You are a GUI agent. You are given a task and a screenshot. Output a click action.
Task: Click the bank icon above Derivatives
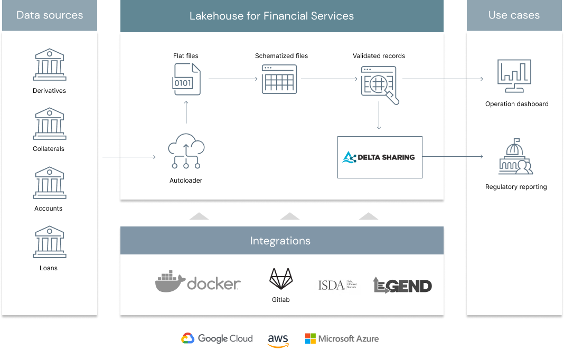click(x=49, y=64)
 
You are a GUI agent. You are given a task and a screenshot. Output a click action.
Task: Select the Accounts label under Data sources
click(x=49, y=209)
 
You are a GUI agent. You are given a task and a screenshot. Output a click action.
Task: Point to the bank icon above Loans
click(x=49, y=242)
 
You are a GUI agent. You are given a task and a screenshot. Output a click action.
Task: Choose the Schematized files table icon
click(x=279, y=79)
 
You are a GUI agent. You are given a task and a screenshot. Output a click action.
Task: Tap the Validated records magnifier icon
click(x=379, y=82)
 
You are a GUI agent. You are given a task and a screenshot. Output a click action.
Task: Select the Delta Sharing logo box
click(x=380, y=157)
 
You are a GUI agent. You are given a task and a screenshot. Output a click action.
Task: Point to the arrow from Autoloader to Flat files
click(x=186, y=111)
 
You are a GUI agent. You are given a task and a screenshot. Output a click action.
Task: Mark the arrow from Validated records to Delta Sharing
click(x=379, y=115)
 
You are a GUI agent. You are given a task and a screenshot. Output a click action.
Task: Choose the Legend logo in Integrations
click(x=402, y=285)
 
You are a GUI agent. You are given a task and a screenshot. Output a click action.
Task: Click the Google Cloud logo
click(x=217, y=339)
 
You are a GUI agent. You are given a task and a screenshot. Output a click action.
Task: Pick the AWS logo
click(x=278, y=340)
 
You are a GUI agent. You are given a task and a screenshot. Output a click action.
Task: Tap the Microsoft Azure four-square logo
click(x=311, y=339)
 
